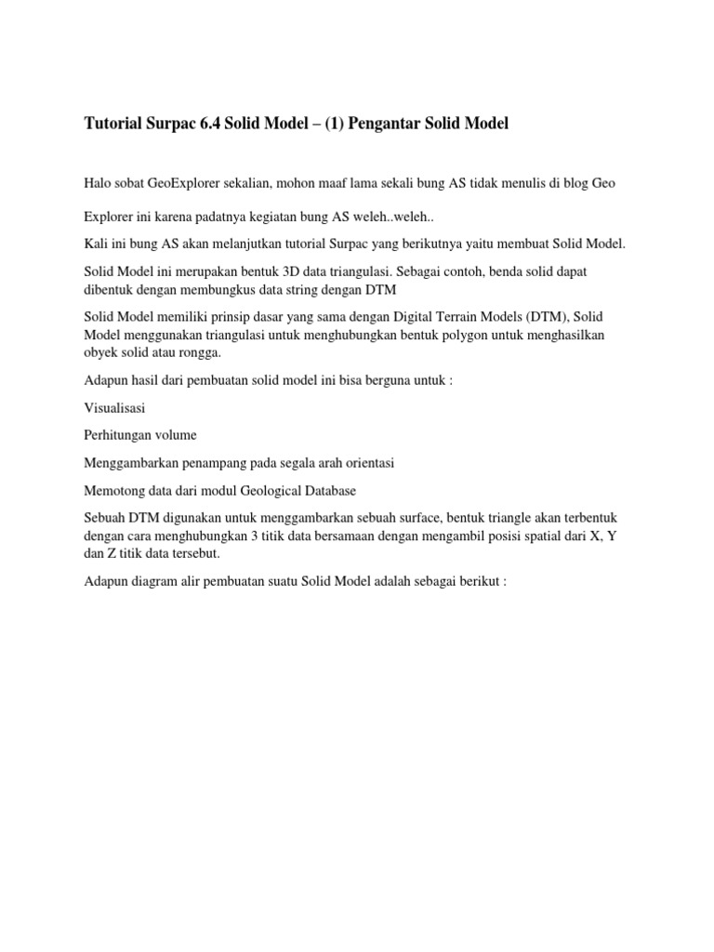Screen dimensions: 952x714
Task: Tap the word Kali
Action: (96, 244)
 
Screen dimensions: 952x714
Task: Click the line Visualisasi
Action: (114, 407)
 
